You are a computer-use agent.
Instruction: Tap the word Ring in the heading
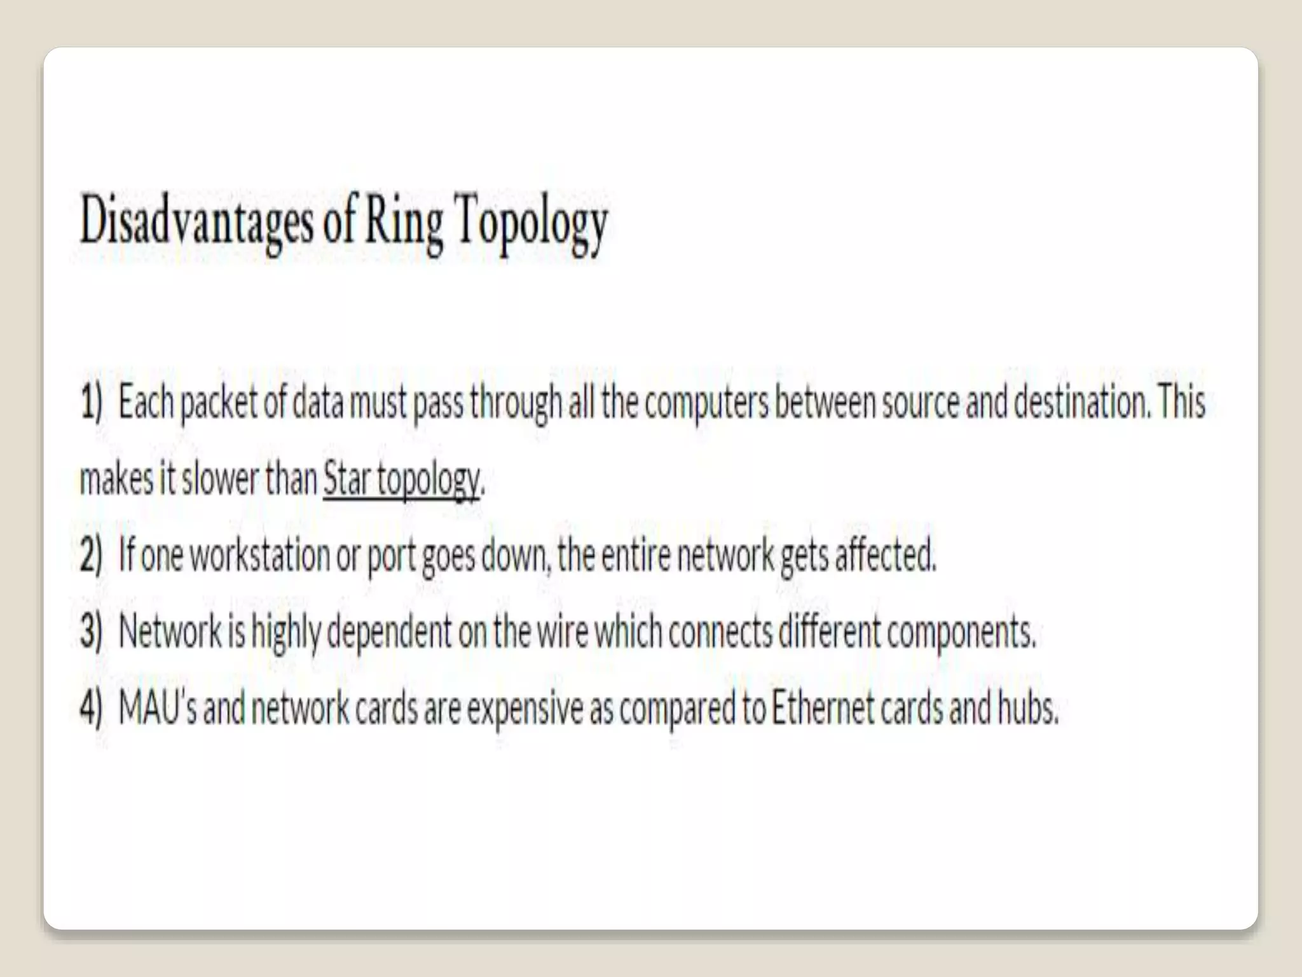click(404, 223)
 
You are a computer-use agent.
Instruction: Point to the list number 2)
click(91, 555)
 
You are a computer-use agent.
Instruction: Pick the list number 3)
click(91, 631)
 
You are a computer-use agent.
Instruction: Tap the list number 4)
click(91, 707)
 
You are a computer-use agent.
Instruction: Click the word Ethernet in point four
click(823, 707)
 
